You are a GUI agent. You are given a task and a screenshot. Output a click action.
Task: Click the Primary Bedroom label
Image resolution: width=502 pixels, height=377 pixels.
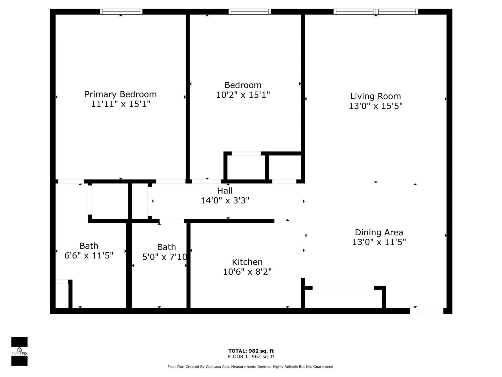click(x=121, y=94)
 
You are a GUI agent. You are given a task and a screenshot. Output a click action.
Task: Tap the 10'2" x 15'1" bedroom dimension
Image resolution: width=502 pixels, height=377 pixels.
click(x=243, y=95)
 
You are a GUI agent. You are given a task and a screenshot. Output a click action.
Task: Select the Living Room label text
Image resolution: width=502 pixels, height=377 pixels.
click(x=375, y=96)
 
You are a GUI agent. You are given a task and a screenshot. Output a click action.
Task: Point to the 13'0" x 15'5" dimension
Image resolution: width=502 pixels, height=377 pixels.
click(x=375, y=106)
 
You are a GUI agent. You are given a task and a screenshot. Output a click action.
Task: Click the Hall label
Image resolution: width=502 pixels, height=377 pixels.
click(x=225, y=191)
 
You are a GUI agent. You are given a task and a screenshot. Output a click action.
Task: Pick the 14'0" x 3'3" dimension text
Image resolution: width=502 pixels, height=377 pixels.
click(x=225, y=201)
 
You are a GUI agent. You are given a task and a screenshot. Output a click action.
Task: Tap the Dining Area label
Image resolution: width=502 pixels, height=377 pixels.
click(x=379, y=232)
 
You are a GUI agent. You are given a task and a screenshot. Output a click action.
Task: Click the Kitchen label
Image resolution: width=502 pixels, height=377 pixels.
click(x=247, y=262)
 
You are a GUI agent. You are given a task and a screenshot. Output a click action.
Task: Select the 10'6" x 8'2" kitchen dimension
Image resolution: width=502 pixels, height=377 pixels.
click(x=247, y=272)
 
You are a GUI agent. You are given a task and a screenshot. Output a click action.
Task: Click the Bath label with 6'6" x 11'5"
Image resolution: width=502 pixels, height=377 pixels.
click(x=89, y=246)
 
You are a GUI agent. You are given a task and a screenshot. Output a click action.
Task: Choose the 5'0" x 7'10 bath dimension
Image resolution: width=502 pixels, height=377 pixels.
click(x=164, y=257)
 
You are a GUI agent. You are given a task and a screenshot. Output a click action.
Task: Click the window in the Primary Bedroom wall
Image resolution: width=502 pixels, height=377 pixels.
click(x=121, y=12)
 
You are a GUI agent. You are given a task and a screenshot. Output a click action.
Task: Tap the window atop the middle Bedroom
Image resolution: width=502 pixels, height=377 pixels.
click(x=249, y=12)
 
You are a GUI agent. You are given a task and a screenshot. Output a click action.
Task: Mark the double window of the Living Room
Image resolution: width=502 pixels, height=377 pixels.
click(x=375, y=12)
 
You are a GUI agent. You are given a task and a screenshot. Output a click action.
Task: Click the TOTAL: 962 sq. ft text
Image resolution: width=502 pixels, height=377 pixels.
click(x=251, y=351)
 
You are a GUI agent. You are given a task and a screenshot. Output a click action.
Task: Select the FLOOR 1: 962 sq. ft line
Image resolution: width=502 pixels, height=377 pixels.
click(x=251, y=357)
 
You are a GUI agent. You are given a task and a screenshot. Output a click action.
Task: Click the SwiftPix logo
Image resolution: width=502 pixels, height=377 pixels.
click(x=19, y=351)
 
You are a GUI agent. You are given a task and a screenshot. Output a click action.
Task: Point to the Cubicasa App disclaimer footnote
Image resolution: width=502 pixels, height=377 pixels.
click(x=251, y=367)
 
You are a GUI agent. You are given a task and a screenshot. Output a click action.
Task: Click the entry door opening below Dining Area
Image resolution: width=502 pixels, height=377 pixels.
click(x=426, y=311)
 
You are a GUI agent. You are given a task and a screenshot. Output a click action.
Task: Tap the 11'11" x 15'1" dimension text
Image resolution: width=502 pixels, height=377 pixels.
click(x=121, y=104)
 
